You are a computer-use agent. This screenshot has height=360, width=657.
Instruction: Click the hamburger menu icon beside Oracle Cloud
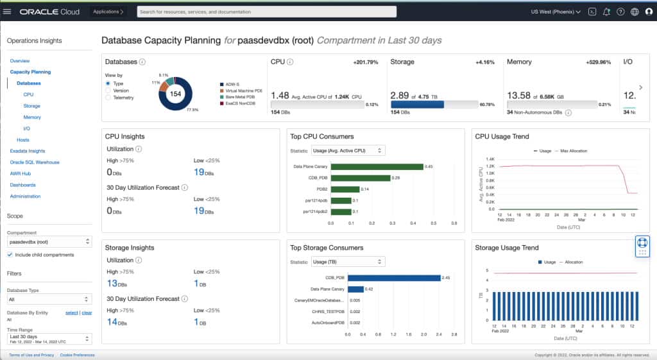(x=7, y=12)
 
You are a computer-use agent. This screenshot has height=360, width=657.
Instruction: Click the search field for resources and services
(x=266, y=12)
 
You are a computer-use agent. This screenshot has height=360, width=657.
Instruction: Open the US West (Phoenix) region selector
(x=556, y=12)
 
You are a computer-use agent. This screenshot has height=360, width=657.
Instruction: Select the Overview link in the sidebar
(x=19, y=60)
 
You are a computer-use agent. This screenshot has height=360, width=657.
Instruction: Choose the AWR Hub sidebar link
(x=21, y=173)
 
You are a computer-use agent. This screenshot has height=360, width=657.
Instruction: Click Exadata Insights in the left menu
(x=28, y=151)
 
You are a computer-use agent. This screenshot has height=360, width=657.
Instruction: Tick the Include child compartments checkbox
(x=10, y=255)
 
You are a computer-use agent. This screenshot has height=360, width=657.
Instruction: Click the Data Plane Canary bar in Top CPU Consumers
(x=377, y=167)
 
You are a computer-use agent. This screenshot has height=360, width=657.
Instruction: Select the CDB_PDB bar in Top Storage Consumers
(x=393, y=278)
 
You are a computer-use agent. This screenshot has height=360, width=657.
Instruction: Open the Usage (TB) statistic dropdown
(x=347, y=262)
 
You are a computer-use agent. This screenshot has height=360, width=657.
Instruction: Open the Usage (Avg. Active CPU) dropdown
(x=347, y=150)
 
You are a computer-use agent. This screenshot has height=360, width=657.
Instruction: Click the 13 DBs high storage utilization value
(x=116, y=283)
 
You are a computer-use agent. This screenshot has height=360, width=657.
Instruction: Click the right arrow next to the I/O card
(x=640, y=87)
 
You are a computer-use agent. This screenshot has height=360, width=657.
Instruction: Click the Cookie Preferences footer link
(x=77, y=355)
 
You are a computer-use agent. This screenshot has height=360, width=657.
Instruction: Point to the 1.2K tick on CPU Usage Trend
(x=490, y=166)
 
